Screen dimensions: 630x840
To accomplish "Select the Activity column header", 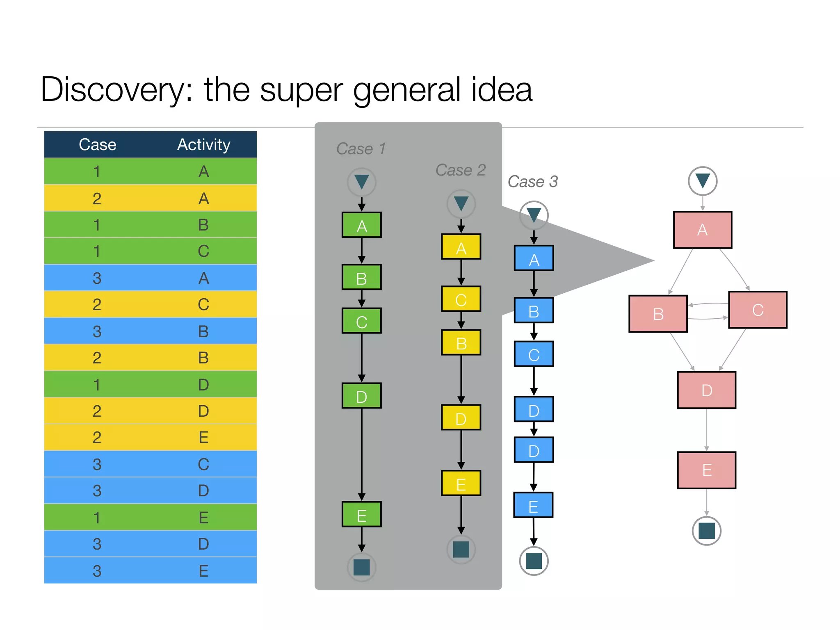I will [203, 145].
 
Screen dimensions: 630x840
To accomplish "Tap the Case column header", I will [97, 145].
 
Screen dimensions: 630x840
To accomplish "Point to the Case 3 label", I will [532, 181].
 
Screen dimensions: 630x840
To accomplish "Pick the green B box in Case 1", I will [361, 278].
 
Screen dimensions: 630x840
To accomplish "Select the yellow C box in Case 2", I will [461, 299].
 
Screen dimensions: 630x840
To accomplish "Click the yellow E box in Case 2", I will [461, 484].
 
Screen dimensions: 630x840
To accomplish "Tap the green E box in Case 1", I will [361, 514].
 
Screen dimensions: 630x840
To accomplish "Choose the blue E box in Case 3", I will [533, 505].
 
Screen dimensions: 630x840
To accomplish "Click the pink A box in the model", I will [702, 230].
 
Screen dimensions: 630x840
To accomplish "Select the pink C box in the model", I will [757, 310].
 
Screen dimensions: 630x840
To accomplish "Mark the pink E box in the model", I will [706, 470].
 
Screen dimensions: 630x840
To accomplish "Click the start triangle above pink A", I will [702, 181].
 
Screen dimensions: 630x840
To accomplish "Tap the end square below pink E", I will [706, 531].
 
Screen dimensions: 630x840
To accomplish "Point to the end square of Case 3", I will [534, 561].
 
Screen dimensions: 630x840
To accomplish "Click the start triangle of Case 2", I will [461, 203].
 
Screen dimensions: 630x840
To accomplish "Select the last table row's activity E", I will [203, 571].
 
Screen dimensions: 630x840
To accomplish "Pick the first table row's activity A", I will [203, 171].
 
